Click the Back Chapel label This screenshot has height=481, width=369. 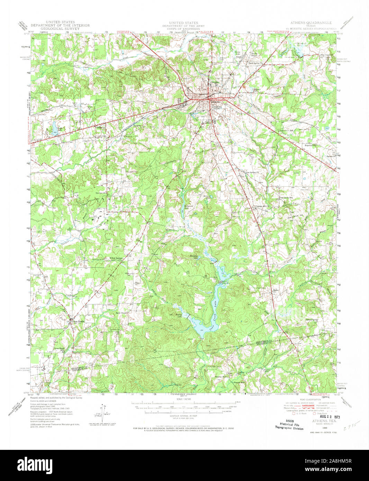click(121, 313)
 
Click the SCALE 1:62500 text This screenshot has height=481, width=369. click(183, 399)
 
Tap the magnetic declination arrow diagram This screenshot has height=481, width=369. click(102, 412)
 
